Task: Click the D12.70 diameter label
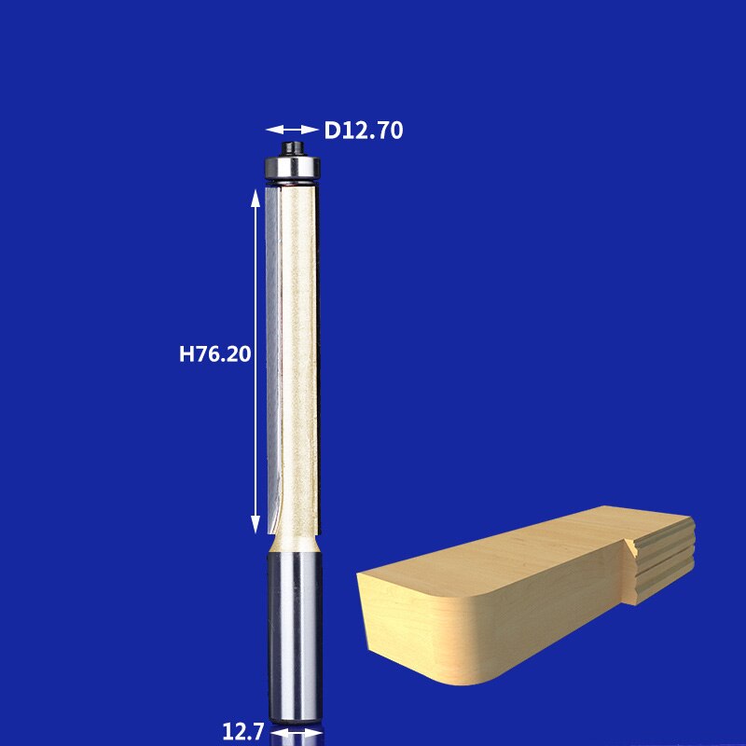pyautogui.click(x=364, y=131)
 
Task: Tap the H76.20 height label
pyautogui.click(x=215, y=354)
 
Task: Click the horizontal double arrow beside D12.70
pyautogui.click(x=291, y=130)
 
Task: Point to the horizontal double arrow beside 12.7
pyautogui.click(x=296, y=734)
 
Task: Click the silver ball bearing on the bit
pyautogui.click(x=292, y=169)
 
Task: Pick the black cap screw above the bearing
pyautogui.click(x=292, y=147)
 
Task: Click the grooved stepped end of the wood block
pyautogui.click(x=662, y=559)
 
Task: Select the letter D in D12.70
pyautogui.click(x=332, y=131)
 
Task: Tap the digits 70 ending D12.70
pyautogui.click(x=391, y=131)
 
